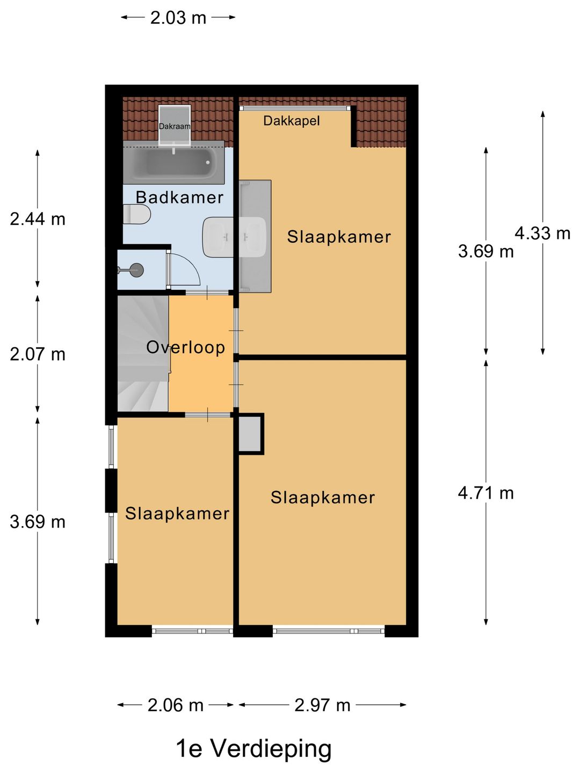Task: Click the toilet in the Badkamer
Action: [x=136, y=214]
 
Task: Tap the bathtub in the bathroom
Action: [x=173, y=162]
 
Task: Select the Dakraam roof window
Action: [x=175, y=125]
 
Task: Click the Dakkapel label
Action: [x=292, y=121]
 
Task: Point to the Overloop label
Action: [x=186, y=348]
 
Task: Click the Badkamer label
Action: [x=179, y=197]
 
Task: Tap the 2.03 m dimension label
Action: [x=178, y=18]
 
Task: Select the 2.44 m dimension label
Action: [x=38, y=220]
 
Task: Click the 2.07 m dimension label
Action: [x=38, y=354]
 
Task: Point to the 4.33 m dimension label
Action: [x=542, y=233]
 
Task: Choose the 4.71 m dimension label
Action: [x=485, y=493]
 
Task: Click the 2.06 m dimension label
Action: [x=176, y=705]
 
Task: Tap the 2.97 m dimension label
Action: [x=322, y=705]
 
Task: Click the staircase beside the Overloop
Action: [x=143, y=353]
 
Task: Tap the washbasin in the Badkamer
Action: [x=218, y=237]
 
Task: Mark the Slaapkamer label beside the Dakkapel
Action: [x=339, y=237]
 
